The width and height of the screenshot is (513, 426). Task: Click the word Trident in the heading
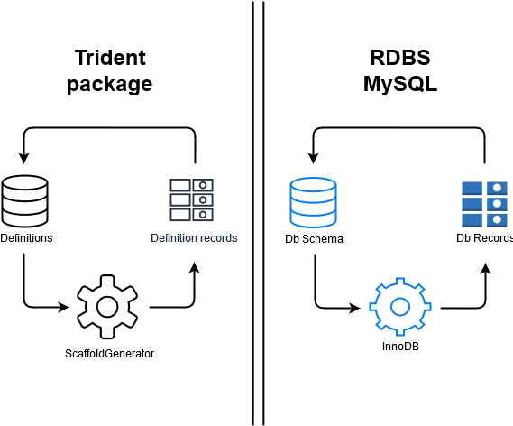click(x=110, y=58)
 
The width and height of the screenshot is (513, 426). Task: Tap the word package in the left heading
click(x=110, y=84)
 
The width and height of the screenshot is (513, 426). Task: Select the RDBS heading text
click(x=400, y=58)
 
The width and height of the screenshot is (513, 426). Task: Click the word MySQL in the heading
click(x=400, y=84)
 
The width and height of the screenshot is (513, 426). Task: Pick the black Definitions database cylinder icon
click(x=25, y=201)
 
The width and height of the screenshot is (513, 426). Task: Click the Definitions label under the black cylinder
click(x=26, y=238)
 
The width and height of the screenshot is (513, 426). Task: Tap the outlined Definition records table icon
click(x=191, y=199)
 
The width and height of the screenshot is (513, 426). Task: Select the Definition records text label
click(x=194, y=238)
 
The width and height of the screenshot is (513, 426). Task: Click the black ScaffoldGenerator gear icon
click(x=107, y=307)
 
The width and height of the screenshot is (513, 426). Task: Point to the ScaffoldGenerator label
click(x=109, y=354)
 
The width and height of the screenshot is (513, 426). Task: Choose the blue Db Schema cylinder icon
click(x=313, y=203)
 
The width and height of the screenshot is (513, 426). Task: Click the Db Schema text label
click(x=314, y=239)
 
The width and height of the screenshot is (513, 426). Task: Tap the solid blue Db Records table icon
click(x=484, y=204)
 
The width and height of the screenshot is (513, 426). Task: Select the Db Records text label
click(x=484, y=238)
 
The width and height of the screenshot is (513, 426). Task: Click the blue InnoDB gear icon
click(x=400, y=307)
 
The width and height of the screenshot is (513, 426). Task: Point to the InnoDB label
click(x=400, y=347)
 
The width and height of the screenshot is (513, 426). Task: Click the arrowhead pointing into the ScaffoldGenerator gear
click(x=63, y=307)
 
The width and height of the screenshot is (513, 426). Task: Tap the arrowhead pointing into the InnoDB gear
click(x=354, y=308)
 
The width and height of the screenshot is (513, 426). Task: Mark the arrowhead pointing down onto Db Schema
click(x=313, y=158)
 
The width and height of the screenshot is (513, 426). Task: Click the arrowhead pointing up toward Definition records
click(x=195, y=267)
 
